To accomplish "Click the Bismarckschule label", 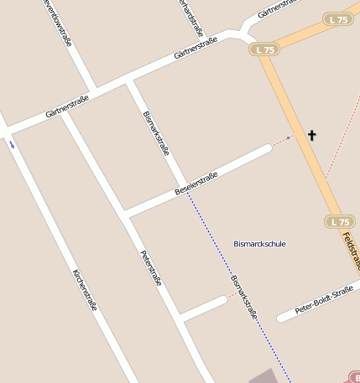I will pos(259,244).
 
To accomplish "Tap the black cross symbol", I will pos(312,135).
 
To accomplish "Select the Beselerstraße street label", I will pos(196,184).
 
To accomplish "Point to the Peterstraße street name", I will pos(150,269).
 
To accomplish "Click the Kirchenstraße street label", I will pos(85,290).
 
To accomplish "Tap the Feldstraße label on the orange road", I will pos(352,250).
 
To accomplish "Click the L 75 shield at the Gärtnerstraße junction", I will pos(263,50).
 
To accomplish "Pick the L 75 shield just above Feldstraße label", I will pos(339,222).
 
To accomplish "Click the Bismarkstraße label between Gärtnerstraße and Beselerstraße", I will pos(157,133).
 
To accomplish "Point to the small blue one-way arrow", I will pos(12,144).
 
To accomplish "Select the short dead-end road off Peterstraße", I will pos(203,308).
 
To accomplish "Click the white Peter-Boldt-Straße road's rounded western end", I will pos(282,318).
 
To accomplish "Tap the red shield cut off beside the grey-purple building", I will pos(352,378).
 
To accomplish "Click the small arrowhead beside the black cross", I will pos(290,137).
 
